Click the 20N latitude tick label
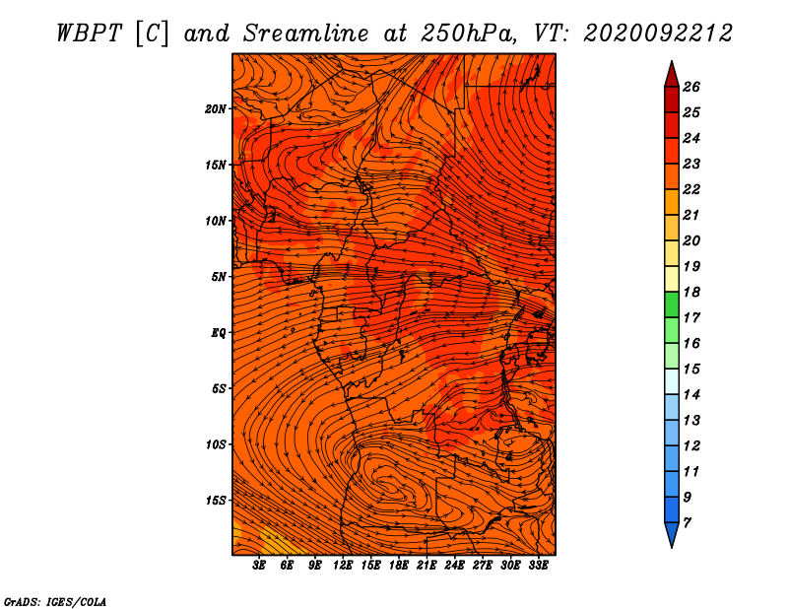pos(216,108)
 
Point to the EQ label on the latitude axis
pos(218,333)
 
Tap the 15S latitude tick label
pos(216,501)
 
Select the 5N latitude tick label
pos(219,277)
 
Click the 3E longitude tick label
pos(259,566)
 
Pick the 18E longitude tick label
pos(399,566)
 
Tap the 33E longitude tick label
pos(538,566)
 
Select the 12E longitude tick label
pos(343,566)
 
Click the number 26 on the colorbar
pos(691,87)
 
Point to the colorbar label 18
pos(691,292)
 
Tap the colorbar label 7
pos(687,523)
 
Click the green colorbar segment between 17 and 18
pos(672,304)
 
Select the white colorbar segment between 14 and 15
pos(672,381)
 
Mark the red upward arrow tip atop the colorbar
pos(672,61)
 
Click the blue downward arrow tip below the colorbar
pos(672,547)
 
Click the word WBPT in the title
pos(89,34)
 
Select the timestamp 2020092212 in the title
pos(657,34)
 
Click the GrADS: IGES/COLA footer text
pos(54,602)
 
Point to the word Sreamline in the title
pos(306,34)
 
